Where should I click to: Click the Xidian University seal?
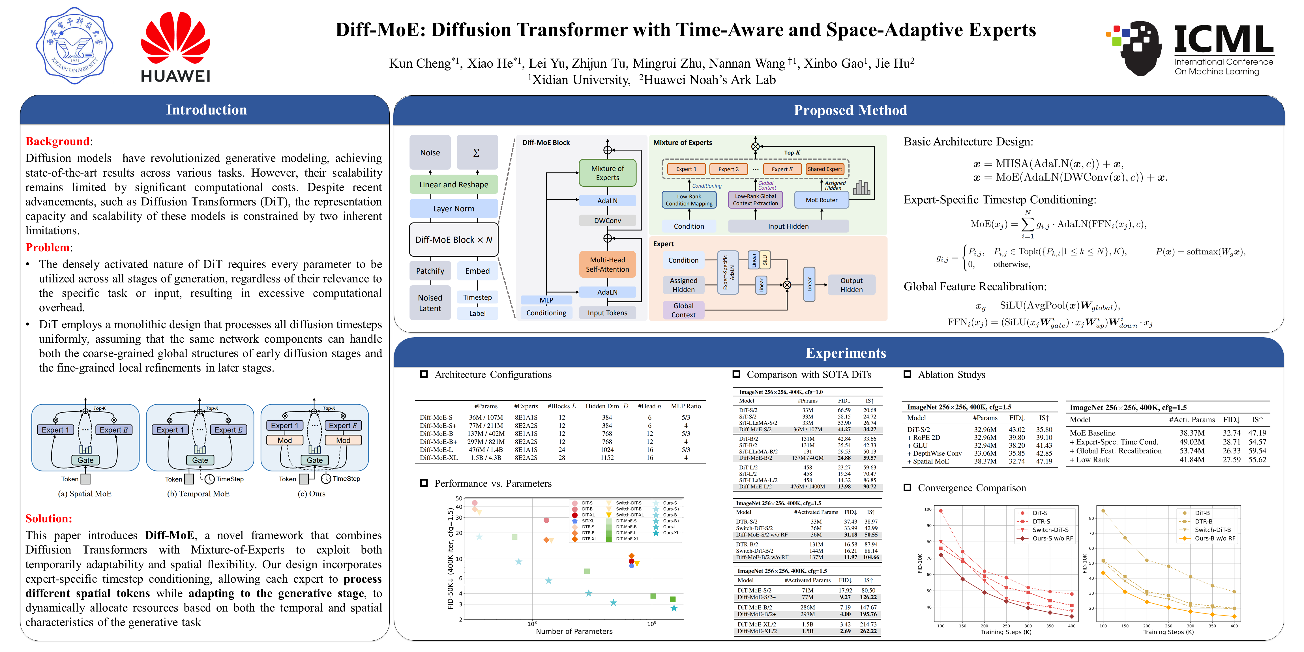(x=74, y=46)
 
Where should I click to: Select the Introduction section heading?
(x=207, y=110)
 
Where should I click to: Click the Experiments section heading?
(x=845, y=353)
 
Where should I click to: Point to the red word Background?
(x=57, y=141)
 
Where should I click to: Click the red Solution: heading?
(x=49, y=518)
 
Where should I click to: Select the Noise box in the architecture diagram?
(x=430, y=152)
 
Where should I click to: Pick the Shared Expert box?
(x=825, y=169)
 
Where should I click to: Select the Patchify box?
(x=430, y=271)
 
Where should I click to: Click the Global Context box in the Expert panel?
(x=683, y=310)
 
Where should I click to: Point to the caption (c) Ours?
(x=311, y=494)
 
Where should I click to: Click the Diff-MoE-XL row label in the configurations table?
(x=438, y=458)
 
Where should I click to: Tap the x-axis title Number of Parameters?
(x=574, y=631)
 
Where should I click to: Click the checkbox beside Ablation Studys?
(x=908, y=375)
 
